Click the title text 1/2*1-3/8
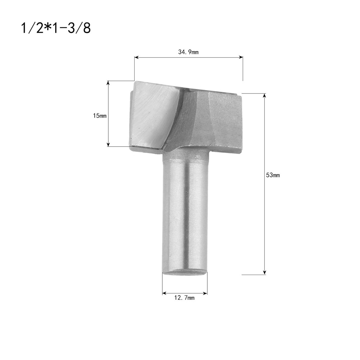(x=56, y=28)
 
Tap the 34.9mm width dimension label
(x=188, y=52)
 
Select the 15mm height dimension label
(x=100, y=116)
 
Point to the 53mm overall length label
(x=273, y=175)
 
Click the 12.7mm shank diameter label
(x=184, y=298)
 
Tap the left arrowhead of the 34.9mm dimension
(x=136, y=57)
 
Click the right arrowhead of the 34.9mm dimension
(x=241, y=57)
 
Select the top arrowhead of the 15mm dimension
(x=108, y=83)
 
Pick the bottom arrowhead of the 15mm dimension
(x=108, y=144)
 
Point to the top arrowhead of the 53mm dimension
(x=265, y=96)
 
